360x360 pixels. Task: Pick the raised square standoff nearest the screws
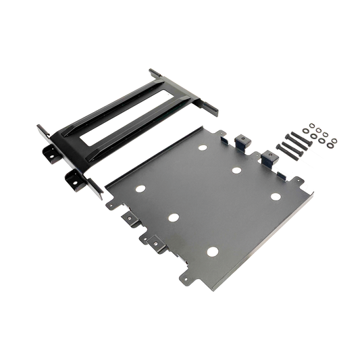[x=269, y=156]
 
